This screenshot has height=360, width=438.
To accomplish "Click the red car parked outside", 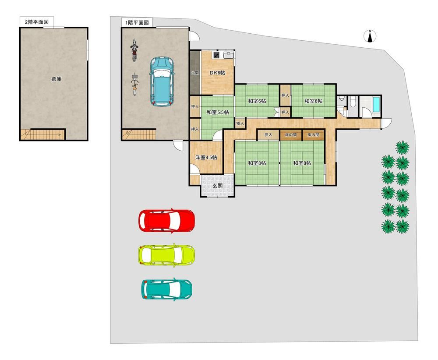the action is pyautogui.click(x=166, y=220).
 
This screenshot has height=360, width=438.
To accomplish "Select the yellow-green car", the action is pyautogui.click(x=166, y=255).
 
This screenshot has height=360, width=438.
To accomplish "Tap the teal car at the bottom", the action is pyautogui.click(x=167, y=289).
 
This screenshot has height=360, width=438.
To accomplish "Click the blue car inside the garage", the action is pyautogui.click(x=162, y=81).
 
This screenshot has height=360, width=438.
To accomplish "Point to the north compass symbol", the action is pyautogui.click(x=370, y=36).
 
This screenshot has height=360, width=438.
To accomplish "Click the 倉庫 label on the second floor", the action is pyautogui.click(x=57, y=79).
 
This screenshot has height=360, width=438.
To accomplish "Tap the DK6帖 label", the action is pyautogui.click(x=218, y=73).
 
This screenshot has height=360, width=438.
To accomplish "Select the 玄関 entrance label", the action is pyautogui.click(x=217, y=185).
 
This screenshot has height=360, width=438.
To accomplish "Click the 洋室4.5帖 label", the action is pyautogui.click(x=206, y=158).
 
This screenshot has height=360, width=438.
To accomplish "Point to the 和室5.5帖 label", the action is pyautogui.click(x=218, y=112).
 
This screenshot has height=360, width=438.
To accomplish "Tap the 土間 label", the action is pyautogui.click(x=195, y=73).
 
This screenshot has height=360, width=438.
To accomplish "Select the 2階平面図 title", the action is pyautogui.click(x=37, y=22).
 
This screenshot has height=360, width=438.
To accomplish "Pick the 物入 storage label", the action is pyautogui.click(x=240, y=124).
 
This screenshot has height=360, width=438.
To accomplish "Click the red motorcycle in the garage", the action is pyautogui.click(x=134, y=50).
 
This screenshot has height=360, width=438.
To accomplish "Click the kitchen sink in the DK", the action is pyautogui.click(x=228, y=55).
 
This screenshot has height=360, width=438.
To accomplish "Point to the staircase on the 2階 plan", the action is pyautogui.click(x=43, y=134).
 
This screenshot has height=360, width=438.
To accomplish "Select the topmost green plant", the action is pyautogui.click(x=403, y=148).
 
